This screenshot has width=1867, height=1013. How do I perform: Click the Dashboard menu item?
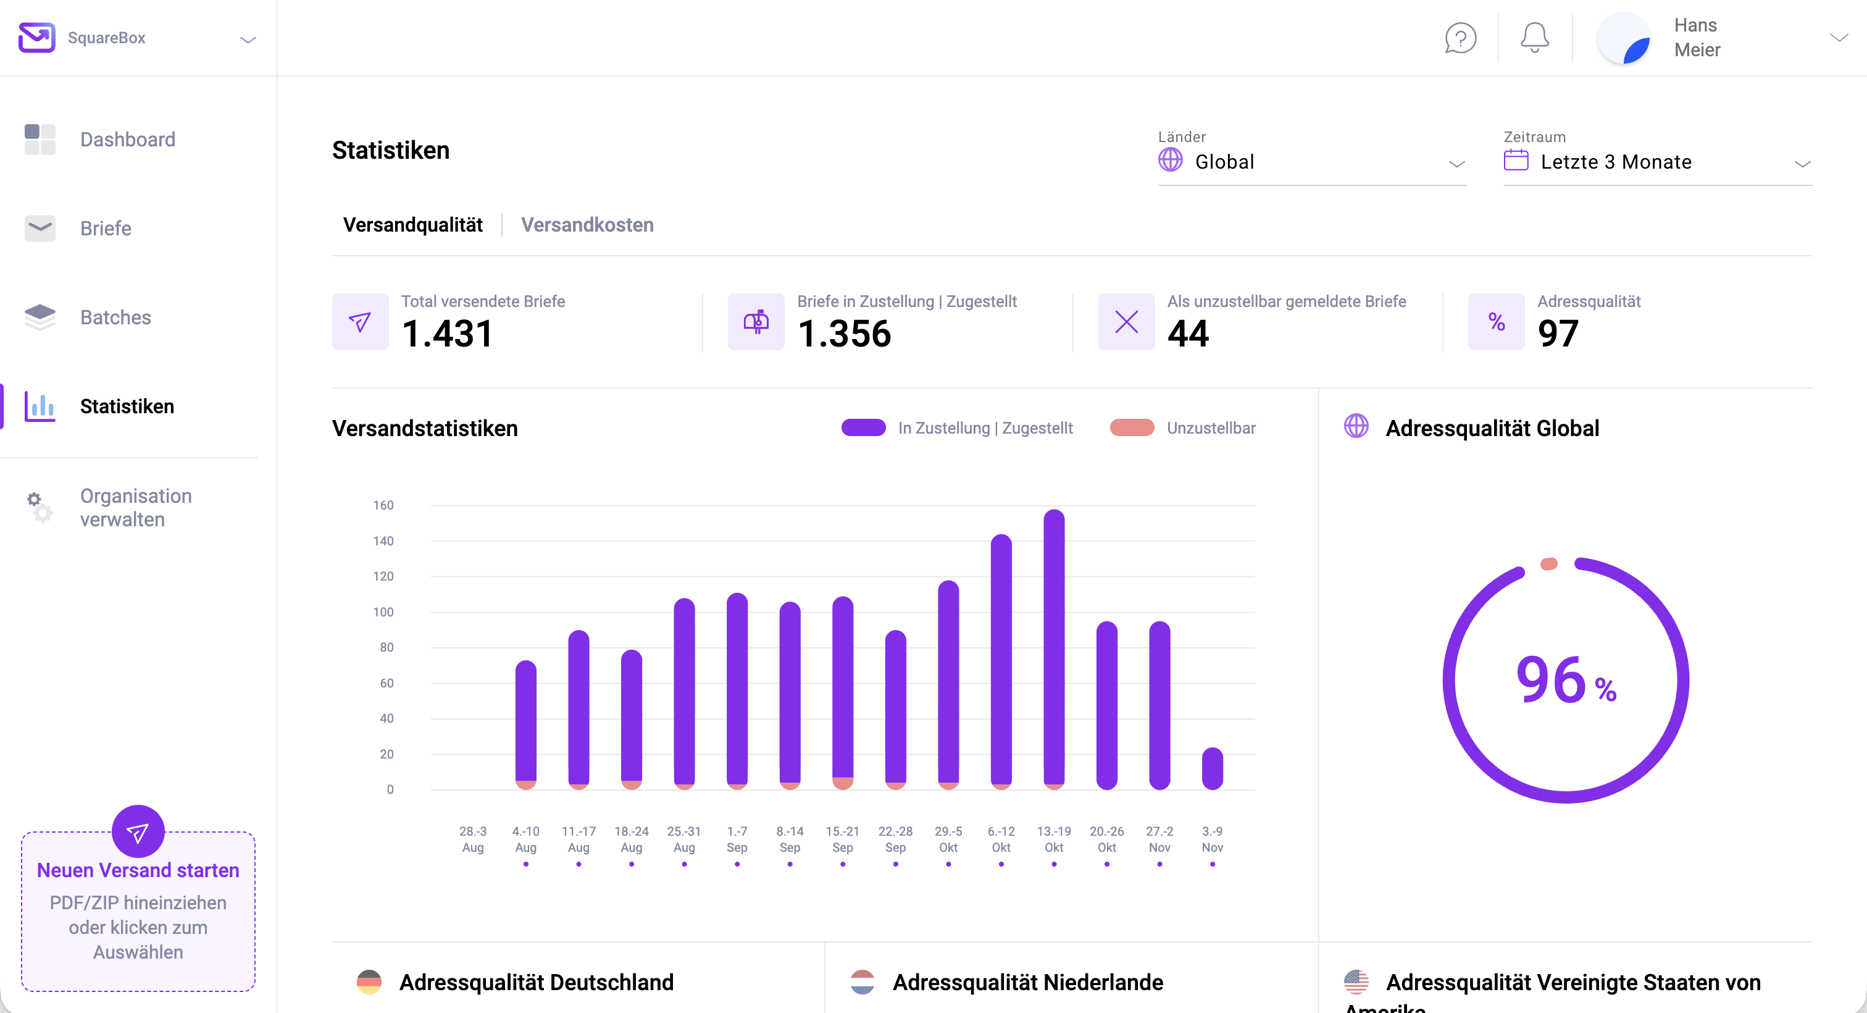(x=127, y=139)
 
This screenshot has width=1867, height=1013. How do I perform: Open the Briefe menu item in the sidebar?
(x=105, y=229)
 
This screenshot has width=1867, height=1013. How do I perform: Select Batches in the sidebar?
(x=115, y=317)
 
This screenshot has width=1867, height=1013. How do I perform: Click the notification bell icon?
(x=1534, y=38)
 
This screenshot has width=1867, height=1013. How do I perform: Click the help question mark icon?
(x=1460, y=38)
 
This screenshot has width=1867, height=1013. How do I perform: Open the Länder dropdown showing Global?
(x=1311, y=162)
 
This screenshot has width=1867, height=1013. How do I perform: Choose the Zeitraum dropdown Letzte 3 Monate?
(x=1657, y=162)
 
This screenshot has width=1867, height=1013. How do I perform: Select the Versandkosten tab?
(x=587, y=225)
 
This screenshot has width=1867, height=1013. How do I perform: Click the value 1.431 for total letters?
(x=447, y=334)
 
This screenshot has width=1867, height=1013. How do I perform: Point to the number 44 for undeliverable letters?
(x=1188, y=334)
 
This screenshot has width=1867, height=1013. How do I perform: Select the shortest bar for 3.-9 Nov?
(x=1212, y=768)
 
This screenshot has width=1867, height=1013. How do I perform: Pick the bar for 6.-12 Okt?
(x=1001, y=660)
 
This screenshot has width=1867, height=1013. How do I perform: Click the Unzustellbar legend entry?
(x=1210, y=428)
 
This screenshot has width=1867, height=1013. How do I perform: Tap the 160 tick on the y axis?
(x=383, y=505)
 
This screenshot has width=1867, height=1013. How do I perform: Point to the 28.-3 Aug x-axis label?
(x=472, y=839)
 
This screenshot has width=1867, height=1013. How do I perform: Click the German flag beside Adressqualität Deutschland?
(x=369, y=982)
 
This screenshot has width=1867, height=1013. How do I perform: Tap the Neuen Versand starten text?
(x=138, y=870)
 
